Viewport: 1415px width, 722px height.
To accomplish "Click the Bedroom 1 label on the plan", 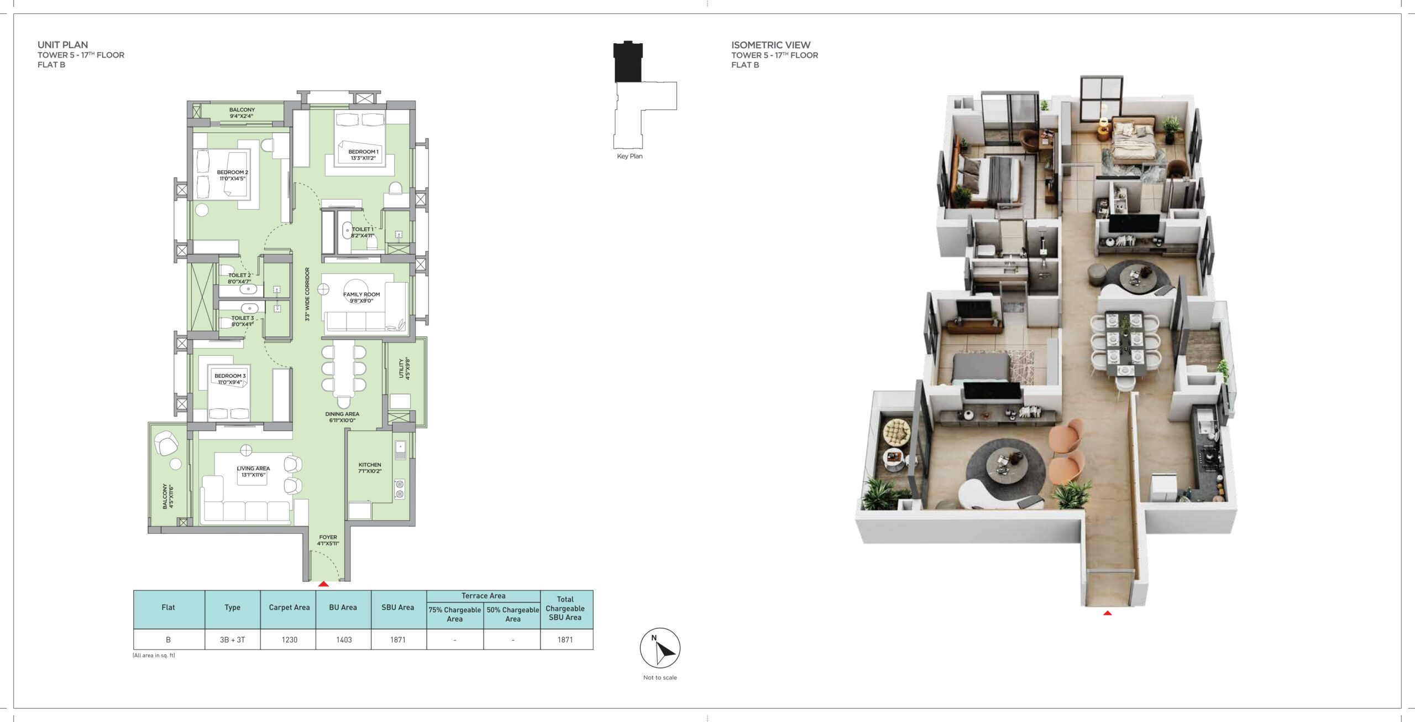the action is click(363, 155).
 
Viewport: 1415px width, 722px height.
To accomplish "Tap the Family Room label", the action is click(361, 298).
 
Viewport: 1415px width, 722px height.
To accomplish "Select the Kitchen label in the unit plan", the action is click(370, 468).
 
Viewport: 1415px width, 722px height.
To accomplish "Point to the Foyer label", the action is click(328, 541).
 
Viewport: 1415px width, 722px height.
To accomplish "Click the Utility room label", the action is click(405, 368).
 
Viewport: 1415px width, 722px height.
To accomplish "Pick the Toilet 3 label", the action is click(243, 321).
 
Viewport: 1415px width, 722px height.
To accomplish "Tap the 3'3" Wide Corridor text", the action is click(307, 294).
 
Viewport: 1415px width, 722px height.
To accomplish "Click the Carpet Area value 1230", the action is click(289, 640).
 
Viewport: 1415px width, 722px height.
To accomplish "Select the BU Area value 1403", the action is click(344, 640).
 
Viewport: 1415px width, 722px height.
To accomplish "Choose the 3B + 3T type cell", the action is click(232, 640).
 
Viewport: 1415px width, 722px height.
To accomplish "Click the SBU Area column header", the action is click(397, 607).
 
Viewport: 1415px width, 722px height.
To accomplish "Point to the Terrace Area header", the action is click(483, 596).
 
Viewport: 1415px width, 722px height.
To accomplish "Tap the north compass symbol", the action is click(660, 648).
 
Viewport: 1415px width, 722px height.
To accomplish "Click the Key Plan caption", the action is click(630, 156).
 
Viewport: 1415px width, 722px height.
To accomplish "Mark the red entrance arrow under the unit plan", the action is click(323, 584).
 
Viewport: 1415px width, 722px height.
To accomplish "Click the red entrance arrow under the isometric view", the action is click(1107, 613).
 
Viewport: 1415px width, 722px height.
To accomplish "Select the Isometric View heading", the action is click(771, 45).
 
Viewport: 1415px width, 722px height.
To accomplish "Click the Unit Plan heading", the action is click(62, 45).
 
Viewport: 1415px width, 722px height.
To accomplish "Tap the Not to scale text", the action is click(660, 677).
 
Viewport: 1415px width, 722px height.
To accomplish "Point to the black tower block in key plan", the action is click(628, 61).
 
